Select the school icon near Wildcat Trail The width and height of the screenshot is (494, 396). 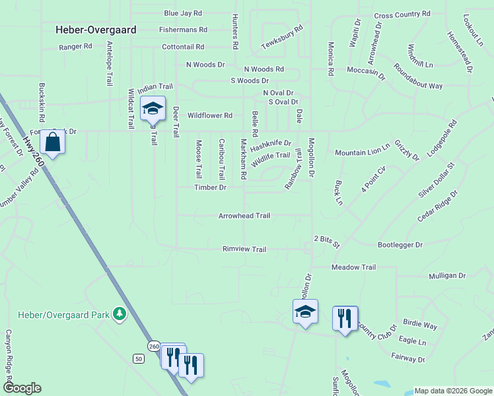pos(153,108)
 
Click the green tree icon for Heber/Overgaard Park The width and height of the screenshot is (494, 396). pos(120,314)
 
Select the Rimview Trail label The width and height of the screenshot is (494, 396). pos(244,249)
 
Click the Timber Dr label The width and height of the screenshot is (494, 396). pos(210,187)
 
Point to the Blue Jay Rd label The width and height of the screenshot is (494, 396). pos(183,13)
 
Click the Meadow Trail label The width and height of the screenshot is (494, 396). pos(353,267)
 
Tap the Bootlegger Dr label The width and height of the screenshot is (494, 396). pos(400,245)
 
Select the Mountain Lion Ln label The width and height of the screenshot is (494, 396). pos(362,152)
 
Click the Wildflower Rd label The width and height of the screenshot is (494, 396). pos(210,115)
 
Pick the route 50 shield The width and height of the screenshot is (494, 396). pos(138,358)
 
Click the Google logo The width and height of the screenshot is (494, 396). pos(22,388)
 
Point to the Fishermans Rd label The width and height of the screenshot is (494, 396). pos(183,30)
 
